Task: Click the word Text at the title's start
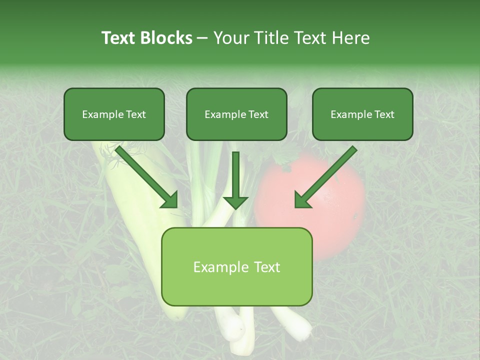(118, 38)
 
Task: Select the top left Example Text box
(114, 114)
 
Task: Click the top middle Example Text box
(236, 114)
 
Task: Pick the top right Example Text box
(362, 114)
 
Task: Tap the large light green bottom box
(236, 266)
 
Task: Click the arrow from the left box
(147, 177)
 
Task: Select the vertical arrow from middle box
(235, 180)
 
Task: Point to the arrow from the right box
(325, 177)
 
